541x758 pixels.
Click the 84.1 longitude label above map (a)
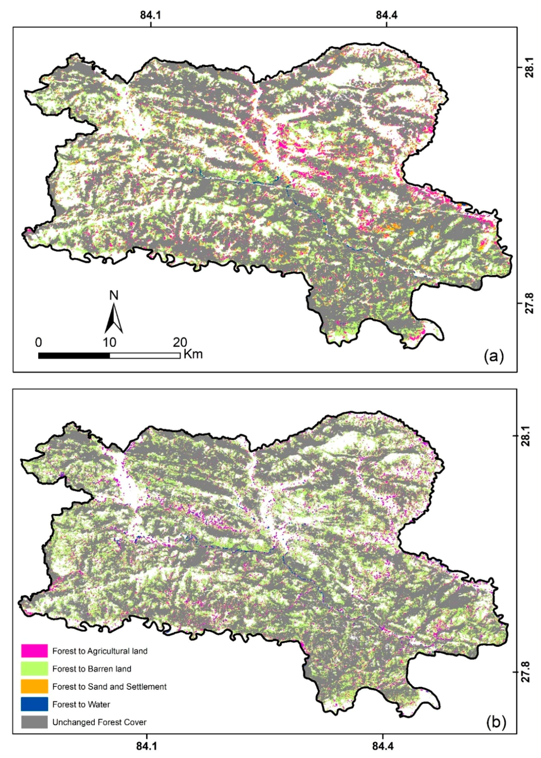[x=151, y=15]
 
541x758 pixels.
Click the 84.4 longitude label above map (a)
[x=386, y=15]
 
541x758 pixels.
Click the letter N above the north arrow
[x=114, y=296]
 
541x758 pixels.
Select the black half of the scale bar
[x=74, y=355]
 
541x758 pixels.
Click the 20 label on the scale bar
[x=180, y=342]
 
